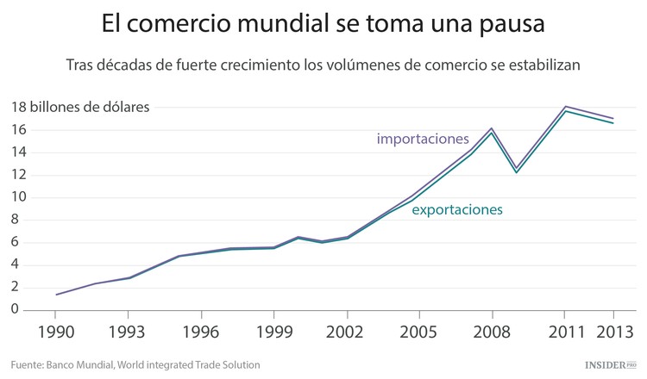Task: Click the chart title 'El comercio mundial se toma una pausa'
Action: [x=323, y=24]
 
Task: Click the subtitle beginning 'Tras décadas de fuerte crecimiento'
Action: [x=323, y=65]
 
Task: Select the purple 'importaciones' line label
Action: [x=423, y=139]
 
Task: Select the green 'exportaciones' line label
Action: [x=457, y=209]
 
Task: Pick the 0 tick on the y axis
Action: [x=15, y=309]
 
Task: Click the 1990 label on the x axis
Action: [x=56, y=332]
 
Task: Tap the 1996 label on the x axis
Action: [x=201, y=332]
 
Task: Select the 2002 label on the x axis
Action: [x=347, y=332]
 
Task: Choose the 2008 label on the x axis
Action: [x=492, y=332]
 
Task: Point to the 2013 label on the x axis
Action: [x=613, y=332]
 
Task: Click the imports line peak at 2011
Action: [x=565, y=107]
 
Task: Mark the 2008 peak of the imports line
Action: [x=492, y=128]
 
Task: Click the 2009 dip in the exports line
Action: [x=516, y=172]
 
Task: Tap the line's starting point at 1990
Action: [x=57, y=295]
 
